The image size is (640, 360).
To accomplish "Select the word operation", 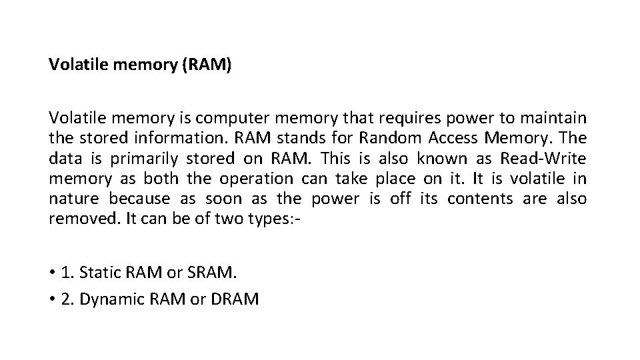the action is point(256,179).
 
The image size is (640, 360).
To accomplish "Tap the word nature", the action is point(74,199).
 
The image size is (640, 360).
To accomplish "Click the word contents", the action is point(480,199).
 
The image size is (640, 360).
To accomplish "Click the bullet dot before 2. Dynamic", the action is point(51,300).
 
